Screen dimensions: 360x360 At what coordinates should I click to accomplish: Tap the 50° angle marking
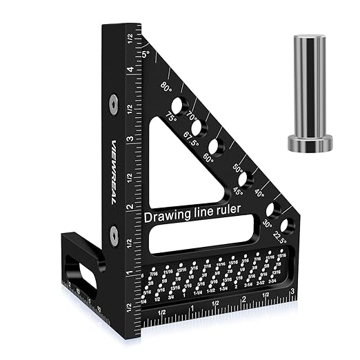pos(239,168)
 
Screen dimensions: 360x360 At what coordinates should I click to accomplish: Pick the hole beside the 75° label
pos(177,106)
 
